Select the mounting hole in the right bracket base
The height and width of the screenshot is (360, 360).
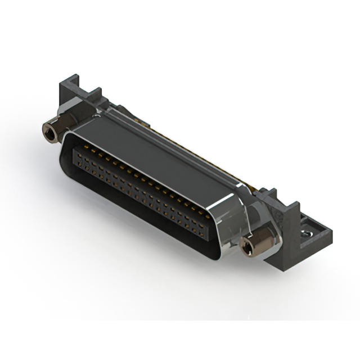tap(308, 231)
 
